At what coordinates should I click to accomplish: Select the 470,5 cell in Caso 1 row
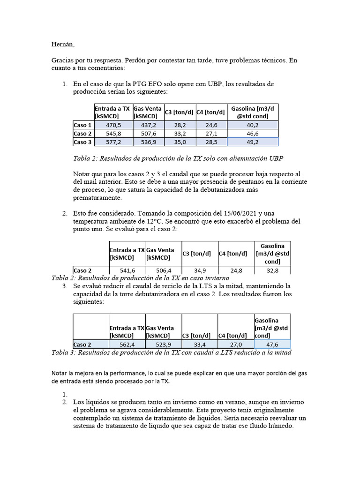pos(113,125)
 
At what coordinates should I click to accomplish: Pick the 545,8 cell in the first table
pos(113,134)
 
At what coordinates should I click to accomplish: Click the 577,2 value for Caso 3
pos(113,142)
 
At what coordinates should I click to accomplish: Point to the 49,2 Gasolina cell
pos(253,142)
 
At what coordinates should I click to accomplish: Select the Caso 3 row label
pos(83,142)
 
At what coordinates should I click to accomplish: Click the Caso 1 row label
pos(83,125)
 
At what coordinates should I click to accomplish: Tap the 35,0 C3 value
pos(180,142)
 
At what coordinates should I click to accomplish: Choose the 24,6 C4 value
pos(211,125)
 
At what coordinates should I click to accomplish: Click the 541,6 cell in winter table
pos(127,270)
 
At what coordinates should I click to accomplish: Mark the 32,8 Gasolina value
pos(272,270)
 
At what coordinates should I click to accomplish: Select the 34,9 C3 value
pos(200,270)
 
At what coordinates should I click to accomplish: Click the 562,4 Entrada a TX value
pos(127,344)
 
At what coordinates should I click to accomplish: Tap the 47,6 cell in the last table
pos(272,344)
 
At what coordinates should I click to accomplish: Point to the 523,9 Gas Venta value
pos(164,344)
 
